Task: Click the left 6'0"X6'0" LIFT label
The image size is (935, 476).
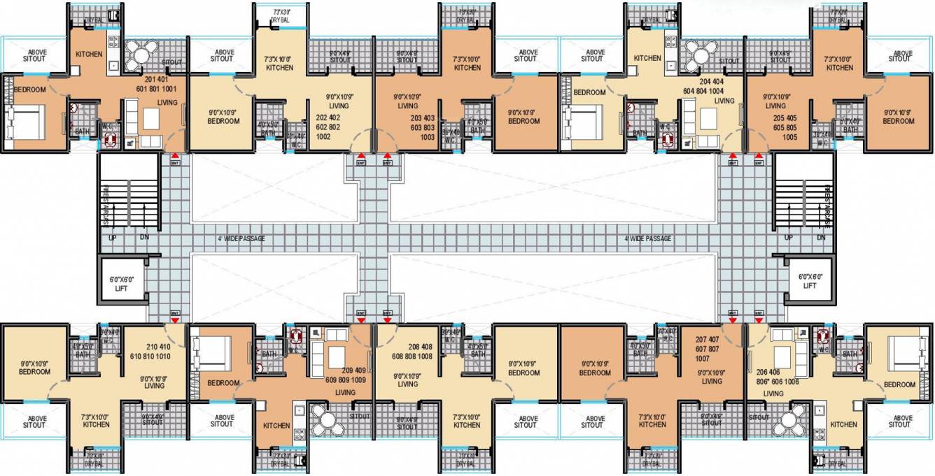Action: tap(121, 283)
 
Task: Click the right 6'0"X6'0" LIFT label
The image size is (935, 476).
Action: tap(809, 281)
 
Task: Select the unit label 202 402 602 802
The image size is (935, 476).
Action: tap(332, 127)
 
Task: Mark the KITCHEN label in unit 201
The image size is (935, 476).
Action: tap(89, 55)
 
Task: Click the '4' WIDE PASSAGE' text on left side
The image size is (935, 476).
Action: tap(241, 239)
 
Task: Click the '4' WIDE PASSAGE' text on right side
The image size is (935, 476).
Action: tap(647, 239)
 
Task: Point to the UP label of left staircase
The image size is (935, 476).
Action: tap(112, 238)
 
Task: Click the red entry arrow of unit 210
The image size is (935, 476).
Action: tap(174, 319)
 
